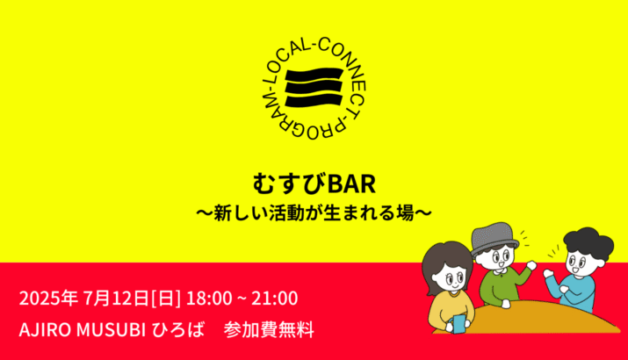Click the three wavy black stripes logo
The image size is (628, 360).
pos(314,88)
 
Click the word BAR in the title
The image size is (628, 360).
pos(351,184)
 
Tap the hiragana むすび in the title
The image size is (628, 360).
pos(290,184)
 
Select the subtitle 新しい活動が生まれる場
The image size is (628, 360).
pos(314,212)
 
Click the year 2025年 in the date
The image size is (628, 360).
pos(48,299)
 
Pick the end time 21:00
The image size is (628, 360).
pos(274,299)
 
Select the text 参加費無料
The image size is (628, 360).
pos(269,330)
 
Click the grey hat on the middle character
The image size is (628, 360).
pos(494,240)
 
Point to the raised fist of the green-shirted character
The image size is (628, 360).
pos(531,264)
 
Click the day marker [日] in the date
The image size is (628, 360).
pos(166,299)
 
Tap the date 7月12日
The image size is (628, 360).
pos(116,299)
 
